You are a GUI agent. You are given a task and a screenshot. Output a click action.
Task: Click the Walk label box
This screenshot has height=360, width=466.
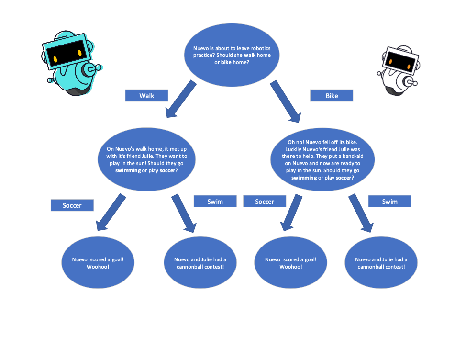(x=146, y=96)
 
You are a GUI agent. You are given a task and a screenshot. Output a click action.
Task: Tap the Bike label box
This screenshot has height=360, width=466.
(x=332, y=96)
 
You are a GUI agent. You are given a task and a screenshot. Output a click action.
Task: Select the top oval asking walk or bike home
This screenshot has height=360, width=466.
(x=232, y=55)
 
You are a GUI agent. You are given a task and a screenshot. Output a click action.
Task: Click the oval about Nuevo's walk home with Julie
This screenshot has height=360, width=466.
(x=146, y=159)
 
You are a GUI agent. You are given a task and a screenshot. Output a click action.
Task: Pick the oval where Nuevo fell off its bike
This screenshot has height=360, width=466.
(x=322, y=159)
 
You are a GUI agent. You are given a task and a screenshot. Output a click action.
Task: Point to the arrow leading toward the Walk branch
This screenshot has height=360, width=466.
(x=181, y=99)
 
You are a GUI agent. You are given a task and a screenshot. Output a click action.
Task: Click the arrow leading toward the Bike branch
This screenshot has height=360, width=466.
(x=286, y=101)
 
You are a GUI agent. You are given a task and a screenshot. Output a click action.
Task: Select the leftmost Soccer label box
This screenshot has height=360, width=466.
(x=72, y=205)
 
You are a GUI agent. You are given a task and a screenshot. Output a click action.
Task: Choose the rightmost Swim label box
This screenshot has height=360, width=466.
(x=389, y=201)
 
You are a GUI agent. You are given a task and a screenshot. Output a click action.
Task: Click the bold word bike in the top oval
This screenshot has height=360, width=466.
(x=226, y=62)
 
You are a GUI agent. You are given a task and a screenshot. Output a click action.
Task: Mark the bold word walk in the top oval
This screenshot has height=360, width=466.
(x=250, y=56)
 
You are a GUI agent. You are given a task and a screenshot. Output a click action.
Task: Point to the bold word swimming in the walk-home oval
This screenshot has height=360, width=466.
(x=128, y=170)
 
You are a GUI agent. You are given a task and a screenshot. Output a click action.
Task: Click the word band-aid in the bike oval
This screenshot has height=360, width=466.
(x=353, y=156)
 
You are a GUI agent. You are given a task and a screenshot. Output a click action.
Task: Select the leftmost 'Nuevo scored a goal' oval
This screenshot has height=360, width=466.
(x=98, y=262)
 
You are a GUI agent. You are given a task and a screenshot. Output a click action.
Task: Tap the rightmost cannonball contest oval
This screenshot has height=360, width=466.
(x=381, y=262)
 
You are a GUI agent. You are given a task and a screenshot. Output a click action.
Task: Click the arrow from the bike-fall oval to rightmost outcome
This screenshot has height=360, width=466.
(x=361, y=213)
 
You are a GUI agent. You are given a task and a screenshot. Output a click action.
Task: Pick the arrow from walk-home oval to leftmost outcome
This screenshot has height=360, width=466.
(x=111, y=212)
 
